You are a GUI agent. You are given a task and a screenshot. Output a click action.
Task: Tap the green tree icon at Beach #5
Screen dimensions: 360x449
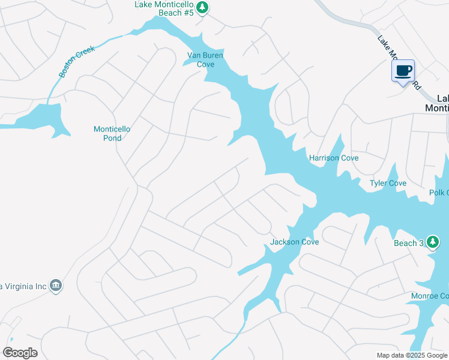(203, 7)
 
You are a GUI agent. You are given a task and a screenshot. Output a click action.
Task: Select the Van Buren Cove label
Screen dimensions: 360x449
(201, 60)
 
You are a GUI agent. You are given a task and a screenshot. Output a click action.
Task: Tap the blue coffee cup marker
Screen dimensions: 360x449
(403, 72)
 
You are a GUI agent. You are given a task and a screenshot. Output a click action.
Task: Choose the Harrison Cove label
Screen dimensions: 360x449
(334, 158)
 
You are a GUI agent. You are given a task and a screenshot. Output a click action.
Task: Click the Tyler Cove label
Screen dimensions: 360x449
(388, 183)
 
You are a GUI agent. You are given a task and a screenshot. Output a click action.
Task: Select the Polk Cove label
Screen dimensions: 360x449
(439, 193)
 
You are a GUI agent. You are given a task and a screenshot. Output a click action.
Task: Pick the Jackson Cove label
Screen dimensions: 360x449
(294, 242)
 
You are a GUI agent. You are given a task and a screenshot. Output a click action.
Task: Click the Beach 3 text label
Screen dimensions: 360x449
(409, 243)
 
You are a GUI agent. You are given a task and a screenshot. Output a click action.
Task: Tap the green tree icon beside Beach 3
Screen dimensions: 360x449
(433, 242)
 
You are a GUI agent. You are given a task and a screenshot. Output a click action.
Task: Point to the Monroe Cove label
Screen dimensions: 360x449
(429, 296)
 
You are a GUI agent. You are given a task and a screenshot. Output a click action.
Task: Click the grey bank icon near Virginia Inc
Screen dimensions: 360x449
(56, 284)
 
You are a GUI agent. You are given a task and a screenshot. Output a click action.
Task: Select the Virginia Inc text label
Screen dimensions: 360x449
(24, 286)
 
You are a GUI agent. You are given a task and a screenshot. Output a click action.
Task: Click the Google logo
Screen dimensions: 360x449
(20, 353)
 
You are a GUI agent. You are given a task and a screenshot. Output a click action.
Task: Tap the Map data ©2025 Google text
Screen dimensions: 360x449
(412, 355)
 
